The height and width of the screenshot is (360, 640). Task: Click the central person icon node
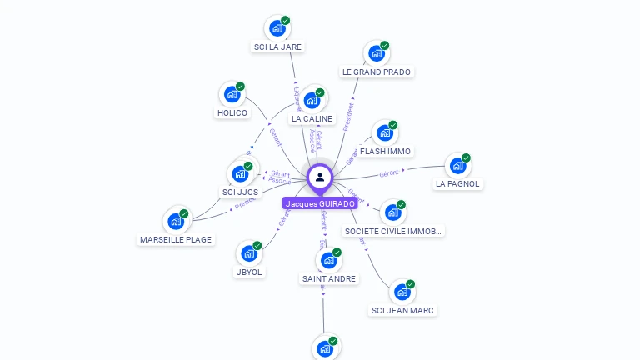[x=320, y=177]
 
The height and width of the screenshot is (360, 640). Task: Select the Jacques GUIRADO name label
[x=320, y=203]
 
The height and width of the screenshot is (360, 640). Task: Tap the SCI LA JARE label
[x=277, y=47]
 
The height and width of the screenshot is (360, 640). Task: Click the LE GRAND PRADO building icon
[x=377, y=53]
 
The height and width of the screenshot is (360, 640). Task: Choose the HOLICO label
[x=232, y=113]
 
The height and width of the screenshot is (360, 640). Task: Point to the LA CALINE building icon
[x=312, y=101]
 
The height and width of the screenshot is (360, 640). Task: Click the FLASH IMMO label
[x=385, y=152]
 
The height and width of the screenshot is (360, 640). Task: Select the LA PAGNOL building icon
[x=457, y=166]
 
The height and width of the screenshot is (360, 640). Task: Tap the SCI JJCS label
[x=240, y=192]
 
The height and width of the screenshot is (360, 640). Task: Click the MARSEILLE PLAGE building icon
[x=176, y=222]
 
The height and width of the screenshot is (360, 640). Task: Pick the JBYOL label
[x=249, y=272]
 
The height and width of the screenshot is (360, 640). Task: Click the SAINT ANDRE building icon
[x=329, y=261]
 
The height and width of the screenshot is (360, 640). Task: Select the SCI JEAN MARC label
[x=403, y=311]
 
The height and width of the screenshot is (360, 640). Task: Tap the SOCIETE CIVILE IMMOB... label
[x=393, y=231]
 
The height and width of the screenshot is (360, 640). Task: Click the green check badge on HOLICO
[x=240, y=87]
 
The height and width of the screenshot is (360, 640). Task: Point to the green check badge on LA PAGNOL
[x=466, y=158]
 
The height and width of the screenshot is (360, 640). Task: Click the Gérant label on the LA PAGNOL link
[x=388, y=173]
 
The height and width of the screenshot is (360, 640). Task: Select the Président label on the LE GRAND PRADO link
[x=348, y=117]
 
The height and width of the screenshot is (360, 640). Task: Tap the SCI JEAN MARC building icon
[x=402, y=292]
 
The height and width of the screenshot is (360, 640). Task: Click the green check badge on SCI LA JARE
[x=285, y=21]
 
